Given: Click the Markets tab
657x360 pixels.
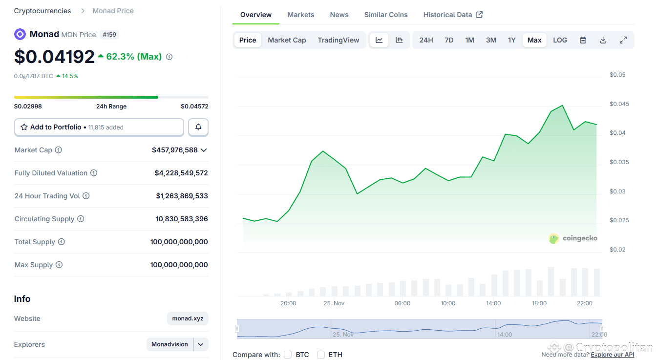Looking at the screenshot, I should (x=300, y=15).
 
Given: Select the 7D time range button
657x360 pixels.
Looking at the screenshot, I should (x=448, y=40).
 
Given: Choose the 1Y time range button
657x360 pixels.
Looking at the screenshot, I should (x=511, y=40).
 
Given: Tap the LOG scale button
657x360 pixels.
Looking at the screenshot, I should (x=560, y=40).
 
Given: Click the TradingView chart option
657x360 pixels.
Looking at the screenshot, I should (x=338, y=40).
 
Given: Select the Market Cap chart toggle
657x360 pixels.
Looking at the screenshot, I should (x=287, y=40).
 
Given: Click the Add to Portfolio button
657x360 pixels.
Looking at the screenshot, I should (x=99, y=127).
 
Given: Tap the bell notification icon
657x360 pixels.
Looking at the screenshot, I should (x=198, y=127).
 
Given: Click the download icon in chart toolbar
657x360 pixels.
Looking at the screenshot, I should (x=603, y=40).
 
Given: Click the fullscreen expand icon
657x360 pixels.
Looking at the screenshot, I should (x=623, y=40).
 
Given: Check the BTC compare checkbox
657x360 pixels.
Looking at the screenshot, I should (x=288, y=355).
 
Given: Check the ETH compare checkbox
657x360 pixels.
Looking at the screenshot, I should (x=321, y=355).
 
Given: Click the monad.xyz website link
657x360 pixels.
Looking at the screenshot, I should (x=188, y=318).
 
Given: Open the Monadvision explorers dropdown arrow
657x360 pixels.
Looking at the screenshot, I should (x=201, y=344).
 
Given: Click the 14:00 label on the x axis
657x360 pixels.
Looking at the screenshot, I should (x=493, y=303).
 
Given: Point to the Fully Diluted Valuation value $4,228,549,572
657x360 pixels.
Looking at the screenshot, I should (x=181, y=173).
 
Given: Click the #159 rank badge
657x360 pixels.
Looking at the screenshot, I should (x=109, y=35).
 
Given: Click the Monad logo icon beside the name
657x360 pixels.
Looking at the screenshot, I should (x=20, y=34).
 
